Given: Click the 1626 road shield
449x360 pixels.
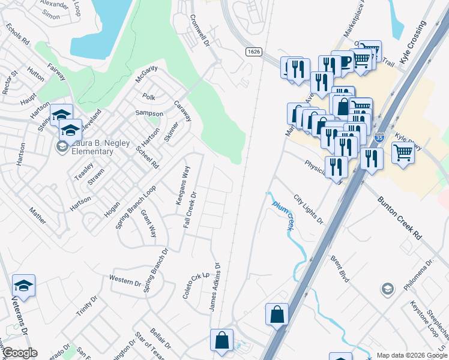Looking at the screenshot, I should [253, 52].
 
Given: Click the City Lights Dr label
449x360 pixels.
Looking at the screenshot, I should [309, 209].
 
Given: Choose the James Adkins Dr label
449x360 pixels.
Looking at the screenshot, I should [215, 287].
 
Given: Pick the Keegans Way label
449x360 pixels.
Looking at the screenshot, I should [182, 186].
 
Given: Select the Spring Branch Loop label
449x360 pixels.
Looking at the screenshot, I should [136, 206].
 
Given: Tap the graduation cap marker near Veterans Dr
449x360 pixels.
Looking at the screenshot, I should [23, 286].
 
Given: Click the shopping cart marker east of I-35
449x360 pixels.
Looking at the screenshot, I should [402, 152].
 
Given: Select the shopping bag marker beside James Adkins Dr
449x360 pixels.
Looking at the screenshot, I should [221, 340].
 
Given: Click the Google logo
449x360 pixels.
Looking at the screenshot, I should [19, 353].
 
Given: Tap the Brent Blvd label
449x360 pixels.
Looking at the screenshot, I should [340, 269].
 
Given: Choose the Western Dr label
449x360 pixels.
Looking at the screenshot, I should [125, 280].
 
